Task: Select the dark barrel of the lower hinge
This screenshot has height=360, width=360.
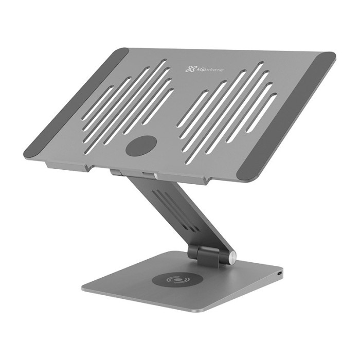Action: [x=208, y=253]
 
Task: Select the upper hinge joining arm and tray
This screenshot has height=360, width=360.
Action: [x=135, y=172]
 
